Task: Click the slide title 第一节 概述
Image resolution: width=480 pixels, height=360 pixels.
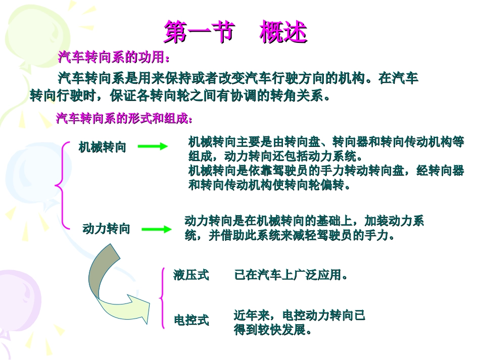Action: coord(235,32)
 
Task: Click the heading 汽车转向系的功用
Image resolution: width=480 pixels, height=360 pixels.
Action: coord(114,58)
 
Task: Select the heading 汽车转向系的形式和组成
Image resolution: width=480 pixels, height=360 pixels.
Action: coord(124,119)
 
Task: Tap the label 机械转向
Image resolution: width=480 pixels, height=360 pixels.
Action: coord(103,147)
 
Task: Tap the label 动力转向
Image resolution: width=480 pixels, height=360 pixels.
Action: coord(106,229)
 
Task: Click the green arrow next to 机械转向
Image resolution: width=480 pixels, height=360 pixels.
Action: coord(153,146)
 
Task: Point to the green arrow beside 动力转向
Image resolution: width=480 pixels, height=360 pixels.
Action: coord(156,229)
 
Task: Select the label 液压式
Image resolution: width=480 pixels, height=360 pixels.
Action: coord(191,275)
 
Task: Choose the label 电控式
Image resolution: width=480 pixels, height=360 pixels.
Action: coord(191,320)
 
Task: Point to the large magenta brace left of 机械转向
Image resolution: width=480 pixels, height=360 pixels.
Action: coord(62,185)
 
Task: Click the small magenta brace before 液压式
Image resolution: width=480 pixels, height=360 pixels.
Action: coord(162,298)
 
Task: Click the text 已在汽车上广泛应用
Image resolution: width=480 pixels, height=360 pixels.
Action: coord(292,275)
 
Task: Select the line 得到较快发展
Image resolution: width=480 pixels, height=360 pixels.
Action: coord(272,330)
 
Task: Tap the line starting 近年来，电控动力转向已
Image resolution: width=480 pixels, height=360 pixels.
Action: coord(299,316)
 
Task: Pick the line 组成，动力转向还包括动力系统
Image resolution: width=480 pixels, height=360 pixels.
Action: coord(275,156)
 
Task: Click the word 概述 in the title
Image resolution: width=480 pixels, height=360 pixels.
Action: coord(283,32)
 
